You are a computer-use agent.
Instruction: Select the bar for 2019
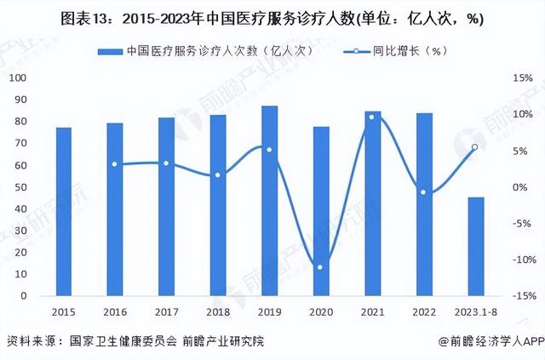269,201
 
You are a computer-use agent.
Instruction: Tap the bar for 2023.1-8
476,246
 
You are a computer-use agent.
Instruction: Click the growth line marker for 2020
320,267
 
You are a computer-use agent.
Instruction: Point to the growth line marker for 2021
371,117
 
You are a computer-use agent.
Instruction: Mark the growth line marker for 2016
114,164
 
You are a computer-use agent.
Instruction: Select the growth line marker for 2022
423,192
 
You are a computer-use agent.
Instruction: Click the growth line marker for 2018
217,175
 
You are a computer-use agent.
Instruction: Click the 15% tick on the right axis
521,77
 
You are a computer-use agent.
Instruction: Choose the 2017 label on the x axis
166,311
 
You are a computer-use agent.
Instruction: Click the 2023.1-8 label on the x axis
475,311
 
